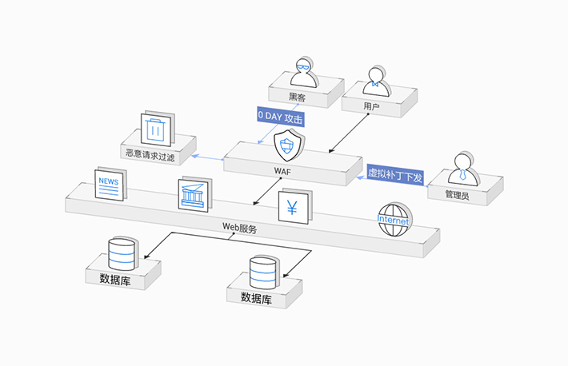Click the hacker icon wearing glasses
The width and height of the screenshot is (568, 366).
tap(303, 73)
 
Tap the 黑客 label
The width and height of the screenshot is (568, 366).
tap(298, 97)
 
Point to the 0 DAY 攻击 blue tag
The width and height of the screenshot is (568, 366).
tap(281, 117)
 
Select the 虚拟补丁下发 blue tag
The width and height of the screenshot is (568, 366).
tap(394, 175)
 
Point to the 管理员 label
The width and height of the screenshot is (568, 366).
tap(458, 194)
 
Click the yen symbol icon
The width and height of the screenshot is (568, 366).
tap(291, 207)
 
